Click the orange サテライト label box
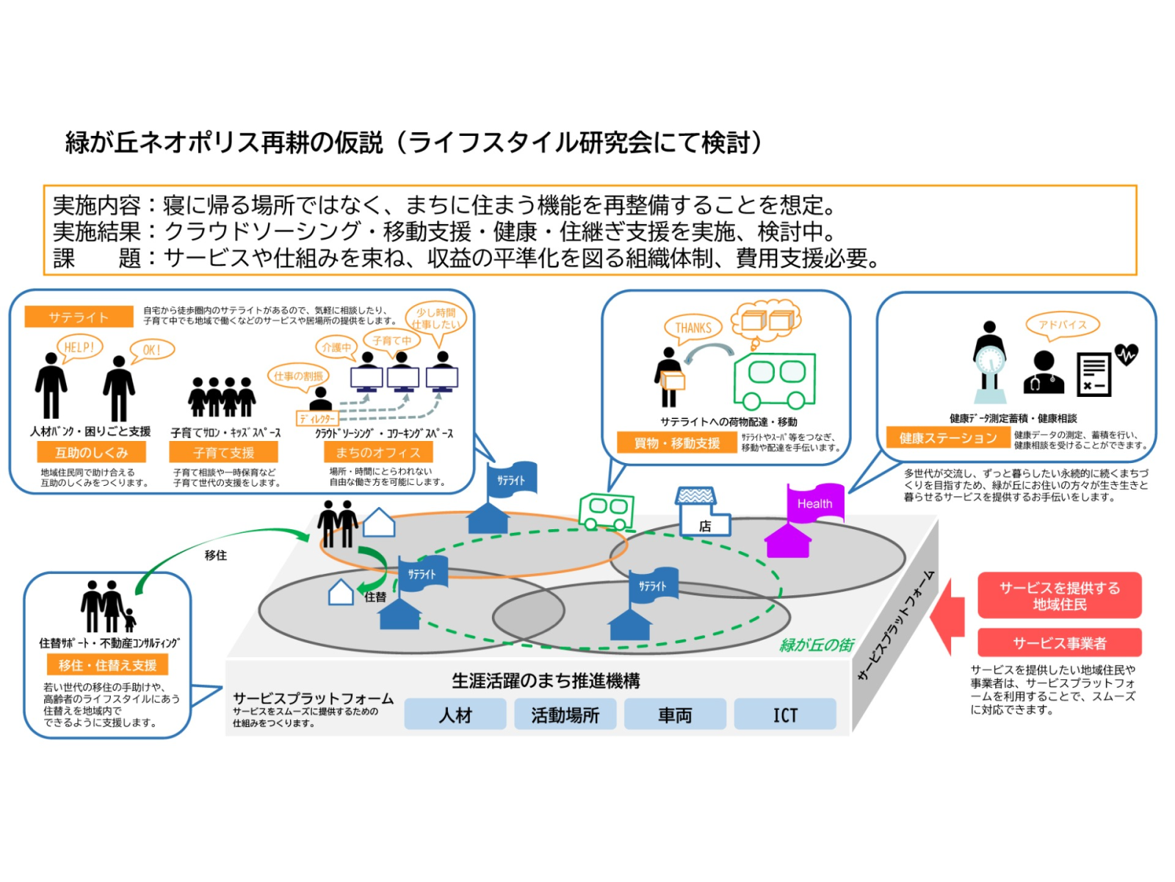[x=79, y=317]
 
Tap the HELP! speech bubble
[x=79, y=347]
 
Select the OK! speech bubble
[x=152, y=350]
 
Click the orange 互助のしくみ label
[x=91, y=452]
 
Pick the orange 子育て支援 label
[x=223, y=452]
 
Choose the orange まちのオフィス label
[x=377, y=452]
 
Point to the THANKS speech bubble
[x=693, y=328]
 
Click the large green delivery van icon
[x=774, y=380]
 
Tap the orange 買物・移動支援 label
[x=676, y=442]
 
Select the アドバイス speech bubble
[x=1062, y=325]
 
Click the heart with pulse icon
[x=1126, y=355]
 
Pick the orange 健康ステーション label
[x=947, y=438]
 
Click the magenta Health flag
[x=815, y=503]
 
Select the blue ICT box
[x=784, y=714]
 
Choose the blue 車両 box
[x=675, y=714]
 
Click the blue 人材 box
[x=455, y=714]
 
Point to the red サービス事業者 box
[x=1059, y=642]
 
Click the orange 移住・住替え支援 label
[x=107, y=664]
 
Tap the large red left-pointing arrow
[x=948, y=616]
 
